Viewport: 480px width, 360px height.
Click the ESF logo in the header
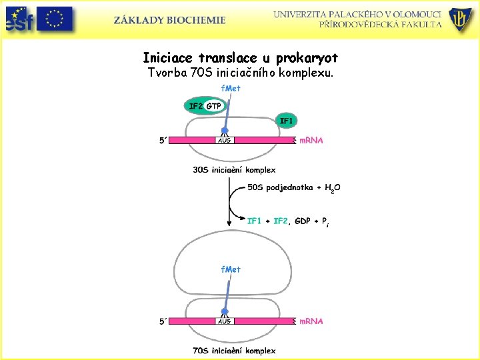[x=19, y=19]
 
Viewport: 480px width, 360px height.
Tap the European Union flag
[x=55, y=19]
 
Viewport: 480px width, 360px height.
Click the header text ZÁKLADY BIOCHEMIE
[x=169, y=20]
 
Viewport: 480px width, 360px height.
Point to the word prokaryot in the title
[x=307, y=58]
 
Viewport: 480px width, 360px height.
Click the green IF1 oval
[x=286, y=121]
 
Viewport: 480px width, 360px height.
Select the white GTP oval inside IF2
[x=214, y=106]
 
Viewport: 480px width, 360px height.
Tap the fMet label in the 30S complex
[x=231, y=88]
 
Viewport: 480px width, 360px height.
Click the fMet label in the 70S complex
[x=231, y=269]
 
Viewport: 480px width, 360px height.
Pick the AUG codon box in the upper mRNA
[x=225, y=140]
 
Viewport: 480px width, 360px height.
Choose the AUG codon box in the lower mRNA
[x=225, y=321]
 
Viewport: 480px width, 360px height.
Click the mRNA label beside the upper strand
[x=311, y=141]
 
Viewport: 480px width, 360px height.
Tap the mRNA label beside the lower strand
[x=311, y=321]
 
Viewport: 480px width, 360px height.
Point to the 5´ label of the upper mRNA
[x=163, y=141]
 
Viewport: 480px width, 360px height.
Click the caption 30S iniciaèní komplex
[x=234, y=170]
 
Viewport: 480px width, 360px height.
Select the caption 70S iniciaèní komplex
[x=234, y=351]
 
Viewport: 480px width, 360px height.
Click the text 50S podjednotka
[x=280, y=187]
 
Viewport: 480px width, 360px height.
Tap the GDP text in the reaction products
[x=303, y=221]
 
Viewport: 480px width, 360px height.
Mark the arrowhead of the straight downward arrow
[x=229, y=223]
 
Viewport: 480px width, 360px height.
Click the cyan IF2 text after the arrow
[x=281, y=221]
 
